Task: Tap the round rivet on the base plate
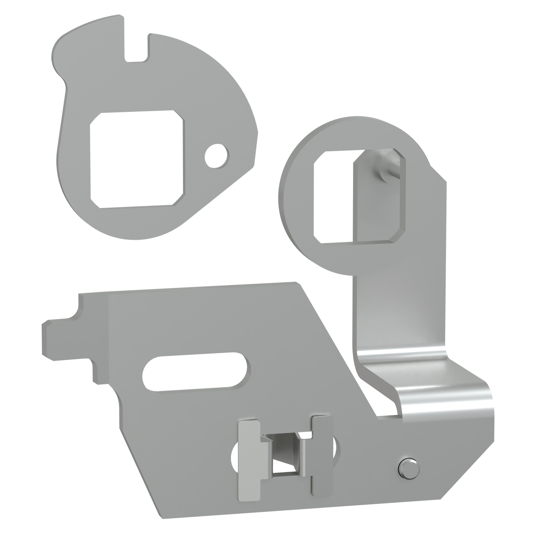coord(408,470)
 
